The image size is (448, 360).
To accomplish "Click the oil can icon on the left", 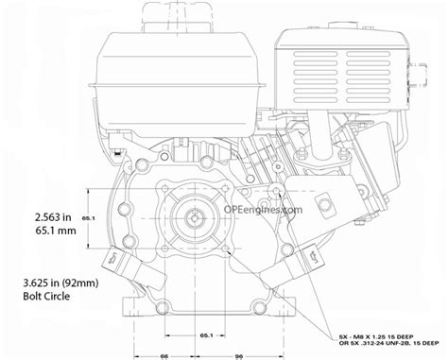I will [x=112, y=256].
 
